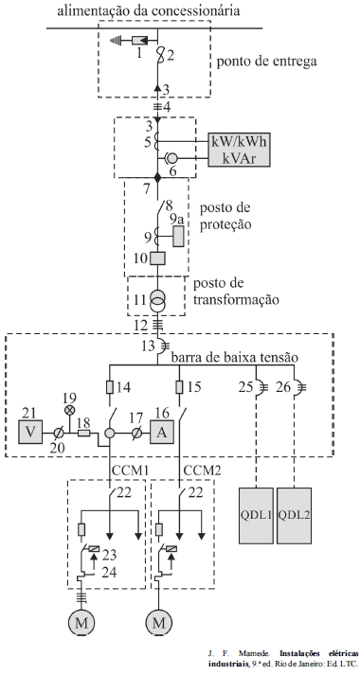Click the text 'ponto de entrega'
[266, 62]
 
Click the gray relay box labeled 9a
[178, 237]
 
